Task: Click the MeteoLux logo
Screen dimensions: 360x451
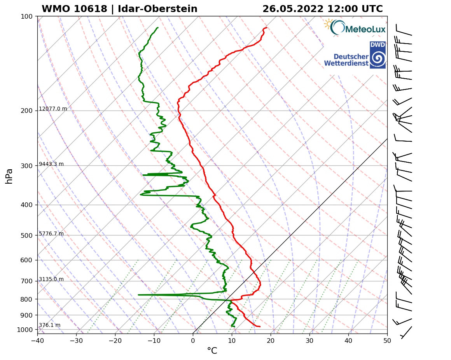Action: pos(355,28)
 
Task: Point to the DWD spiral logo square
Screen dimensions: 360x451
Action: pos(378,55)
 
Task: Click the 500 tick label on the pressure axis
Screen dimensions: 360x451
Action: pos(27,235)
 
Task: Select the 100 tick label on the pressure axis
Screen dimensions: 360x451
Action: pos(27,16)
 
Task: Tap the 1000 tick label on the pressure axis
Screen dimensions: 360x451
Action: pos(25,330)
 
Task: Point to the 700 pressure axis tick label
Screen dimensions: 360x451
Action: pos(27,281)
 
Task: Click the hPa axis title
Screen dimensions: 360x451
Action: pos(9,176)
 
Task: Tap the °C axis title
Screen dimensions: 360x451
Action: pos(212,351)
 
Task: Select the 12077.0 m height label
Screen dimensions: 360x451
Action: pos(53,109)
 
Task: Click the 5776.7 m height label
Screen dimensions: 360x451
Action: pos(51,234)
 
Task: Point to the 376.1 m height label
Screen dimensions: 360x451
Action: pos(49,325)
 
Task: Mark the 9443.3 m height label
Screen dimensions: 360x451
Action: pos(51,164)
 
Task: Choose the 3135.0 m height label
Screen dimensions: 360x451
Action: pos(51,279)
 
